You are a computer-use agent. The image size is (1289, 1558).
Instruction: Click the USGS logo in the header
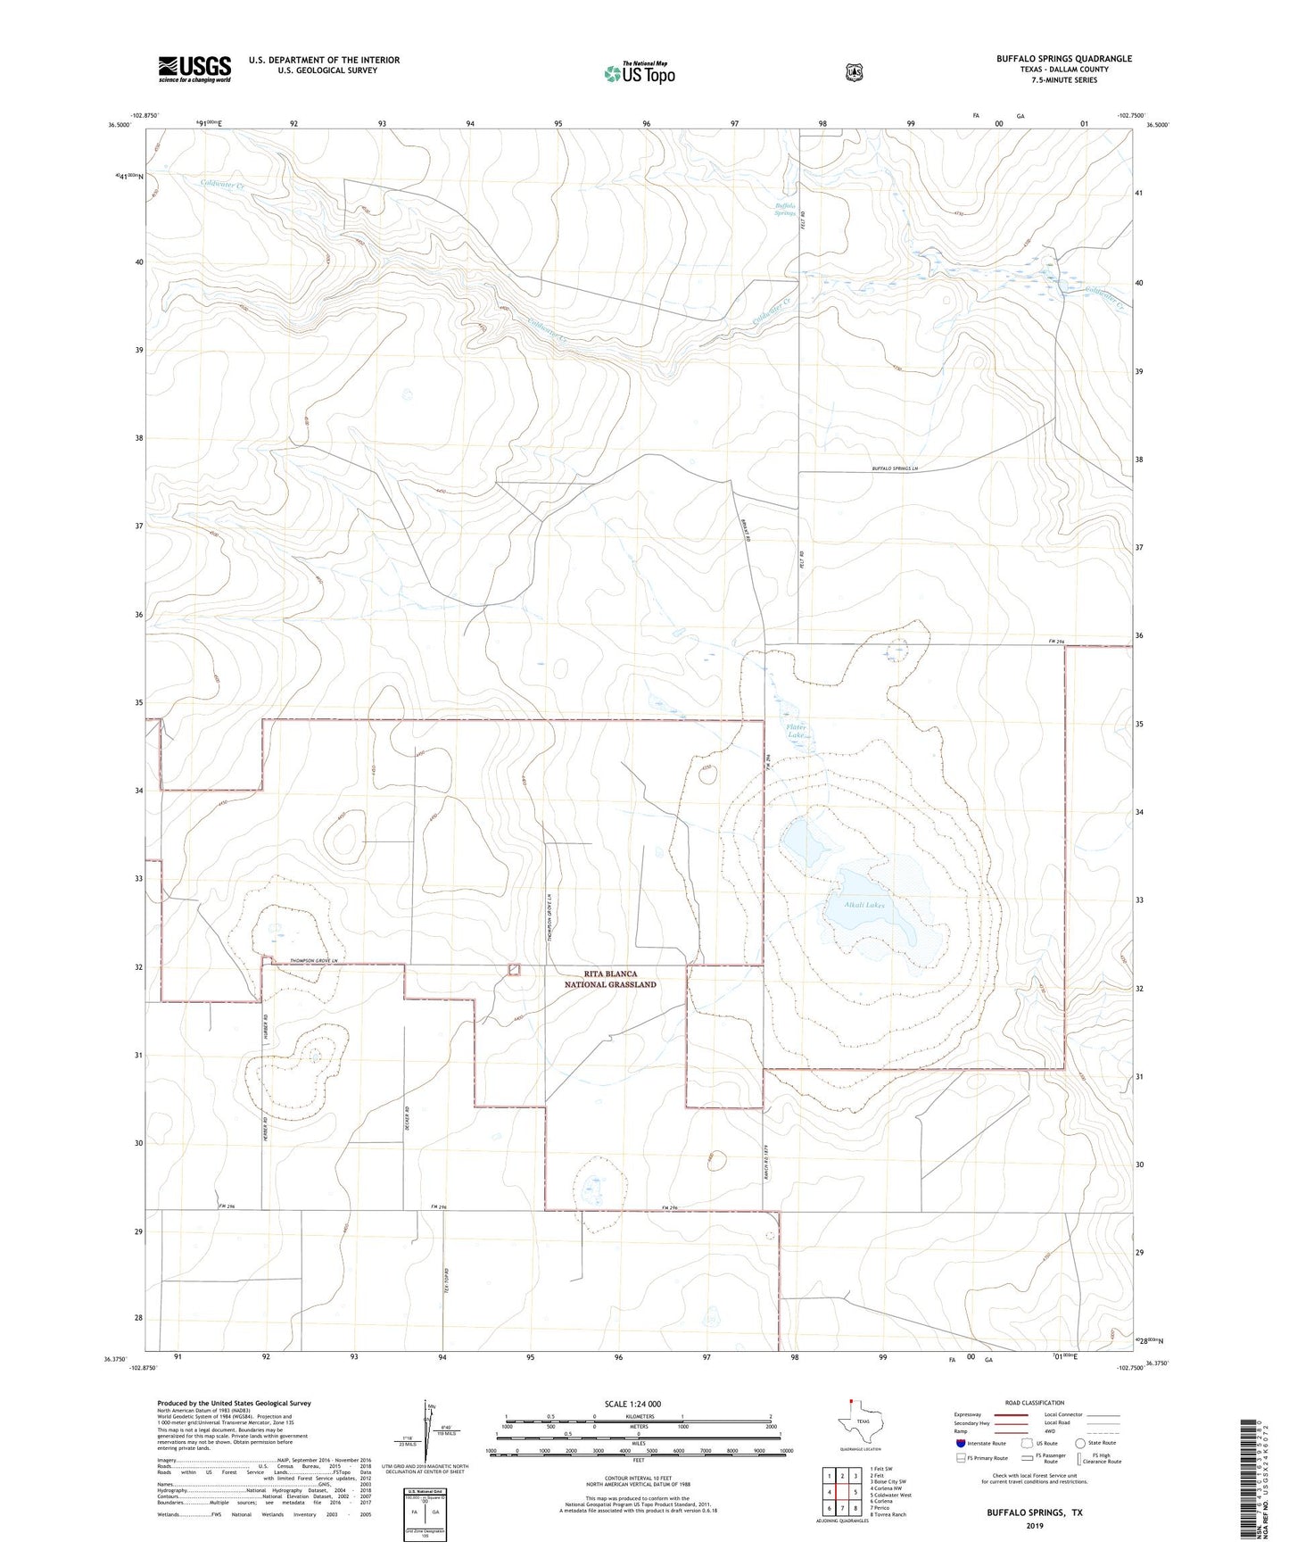[x=194, y=68]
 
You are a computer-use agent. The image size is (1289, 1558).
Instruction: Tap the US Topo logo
[x=638, y=72]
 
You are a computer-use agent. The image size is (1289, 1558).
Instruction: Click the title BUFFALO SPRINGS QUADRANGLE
[x=1063, y=59]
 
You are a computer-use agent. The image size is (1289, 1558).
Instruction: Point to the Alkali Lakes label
[x=864, y=905]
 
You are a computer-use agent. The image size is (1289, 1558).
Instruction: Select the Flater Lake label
[x=796, y=731]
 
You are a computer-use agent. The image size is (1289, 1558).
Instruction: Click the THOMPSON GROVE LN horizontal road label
[x=315, y=961]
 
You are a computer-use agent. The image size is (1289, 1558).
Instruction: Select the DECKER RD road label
[x=407, y=1120]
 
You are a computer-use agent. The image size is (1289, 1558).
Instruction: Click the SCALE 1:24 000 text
[x=632, y=1404]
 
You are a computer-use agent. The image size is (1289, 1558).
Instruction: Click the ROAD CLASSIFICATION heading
[x=1033, y=1403]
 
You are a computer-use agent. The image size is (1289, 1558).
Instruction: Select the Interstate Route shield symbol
[x=961, y=1443]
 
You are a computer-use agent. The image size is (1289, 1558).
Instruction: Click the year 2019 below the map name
[x=1034, y=1525]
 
